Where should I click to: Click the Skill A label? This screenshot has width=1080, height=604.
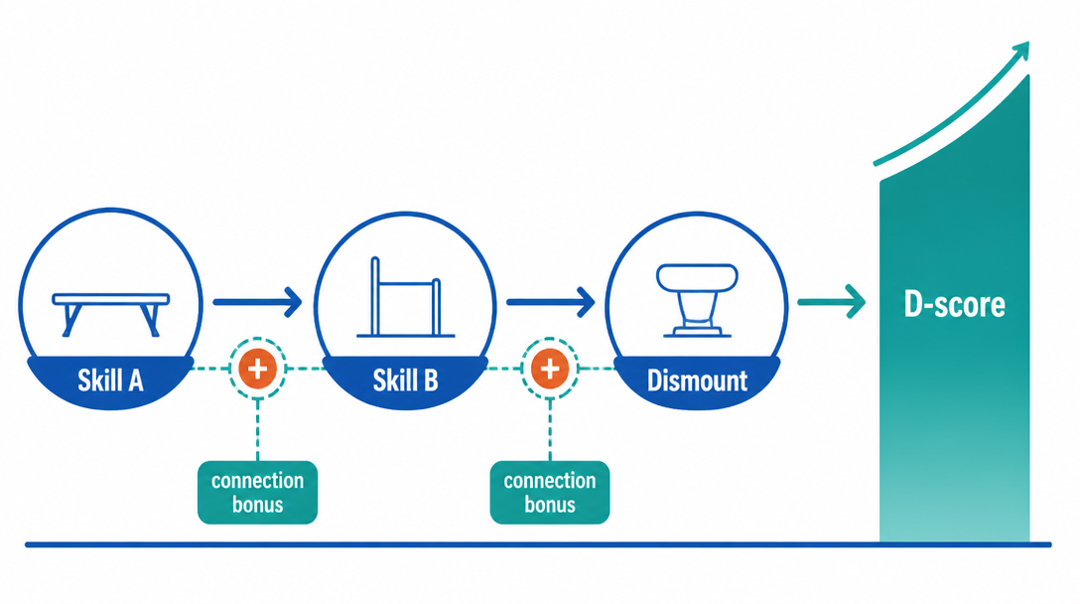pyautogui.click(x=110, y=380)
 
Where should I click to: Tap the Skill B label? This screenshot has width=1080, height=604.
pyautogui.click(x=405, y=380)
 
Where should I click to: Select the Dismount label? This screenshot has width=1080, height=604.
pyautogui.click(x=697, y=380)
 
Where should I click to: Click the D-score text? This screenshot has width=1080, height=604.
pyautogui.click(x=955, y=304)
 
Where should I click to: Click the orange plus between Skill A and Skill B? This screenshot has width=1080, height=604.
pyautogui.click(x=258, y=369)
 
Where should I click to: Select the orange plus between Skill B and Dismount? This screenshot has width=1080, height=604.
pyautogui.click(x=550, y=369)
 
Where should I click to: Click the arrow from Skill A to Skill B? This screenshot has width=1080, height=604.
pyautogui.click(x=258, y=302)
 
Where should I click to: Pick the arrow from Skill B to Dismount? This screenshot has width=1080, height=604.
pyautogui.click(x=550, y=302)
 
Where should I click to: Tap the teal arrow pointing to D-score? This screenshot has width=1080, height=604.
pyautogui.click(x=832, y=302)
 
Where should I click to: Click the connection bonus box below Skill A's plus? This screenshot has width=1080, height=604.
pyautogui.click(x=258, y=493)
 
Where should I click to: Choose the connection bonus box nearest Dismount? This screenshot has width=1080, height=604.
pyautogui.click(x=550, y=493)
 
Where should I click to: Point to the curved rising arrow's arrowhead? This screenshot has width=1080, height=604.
pyautogui.click(x=1020, y=51)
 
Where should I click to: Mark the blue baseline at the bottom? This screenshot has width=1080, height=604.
pyautogui.click(x=538, y=544)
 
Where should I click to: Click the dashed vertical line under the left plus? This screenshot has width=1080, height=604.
pyautogui.click(x=258, y=429)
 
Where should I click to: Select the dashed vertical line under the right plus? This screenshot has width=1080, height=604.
pyautogui.click(x=550, y=429)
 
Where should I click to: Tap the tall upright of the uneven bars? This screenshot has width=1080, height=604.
pyautogui.click(x=375, y=296)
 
